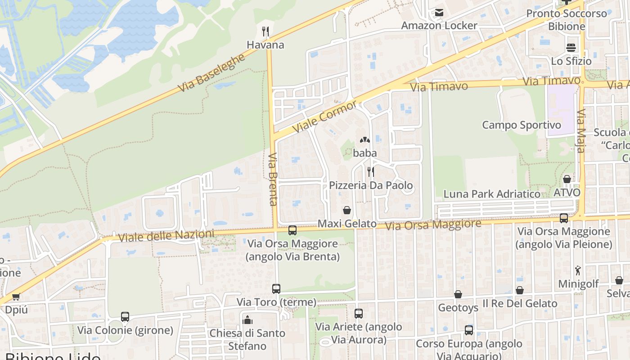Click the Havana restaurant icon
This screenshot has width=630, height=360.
265,31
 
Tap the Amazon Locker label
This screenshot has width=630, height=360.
439,25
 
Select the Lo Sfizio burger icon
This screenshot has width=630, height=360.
571,47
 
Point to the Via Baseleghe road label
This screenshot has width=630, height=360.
212,72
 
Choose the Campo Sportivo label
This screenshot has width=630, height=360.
522,125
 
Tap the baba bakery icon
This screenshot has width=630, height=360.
365,140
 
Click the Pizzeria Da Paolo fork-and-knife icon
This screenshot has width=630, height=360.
371,171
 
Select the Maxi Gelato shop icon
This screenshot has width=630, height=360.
347,210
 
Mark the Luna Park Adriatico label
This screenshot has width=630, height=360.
492,194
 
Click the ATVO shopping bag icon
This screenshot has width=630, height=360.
567,179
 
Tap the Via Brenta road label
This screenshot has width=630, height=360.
273,179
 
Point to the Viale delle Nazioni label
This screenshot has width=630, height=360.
166,236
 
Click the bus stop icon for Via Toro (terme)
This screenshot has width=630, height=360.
276,289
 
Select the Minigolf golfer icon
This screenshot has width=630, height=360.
578,270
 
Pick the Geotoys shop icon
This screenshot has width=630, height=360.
458,294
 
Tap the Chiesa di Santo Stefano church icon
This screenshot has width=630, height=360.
247,320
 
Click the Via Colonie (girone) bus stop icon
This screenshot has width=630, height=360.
125,317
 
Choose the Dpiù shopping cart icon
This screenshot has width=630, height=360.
16,297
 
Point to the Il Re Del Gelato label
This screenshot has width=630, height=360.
520,304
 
